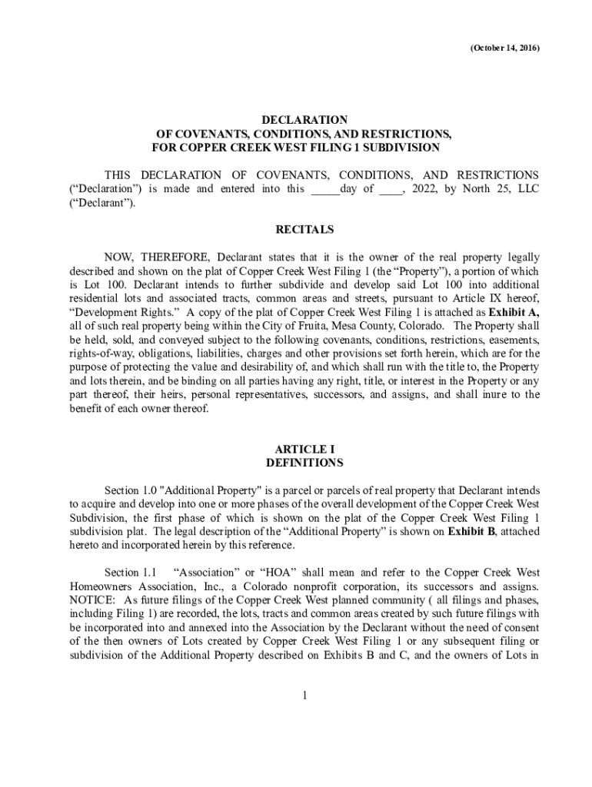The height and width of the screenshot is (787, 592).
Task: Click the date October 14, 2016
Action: [x=504, y=48]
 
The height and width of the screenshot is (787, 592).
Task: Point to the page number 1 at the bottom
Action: [x=304, y=696]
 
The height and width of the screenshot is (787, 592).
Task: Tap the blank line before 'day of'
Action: [x=324, y=189]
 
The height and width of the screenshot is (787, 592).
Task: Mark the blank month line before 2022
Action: [x=390, y=189]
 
